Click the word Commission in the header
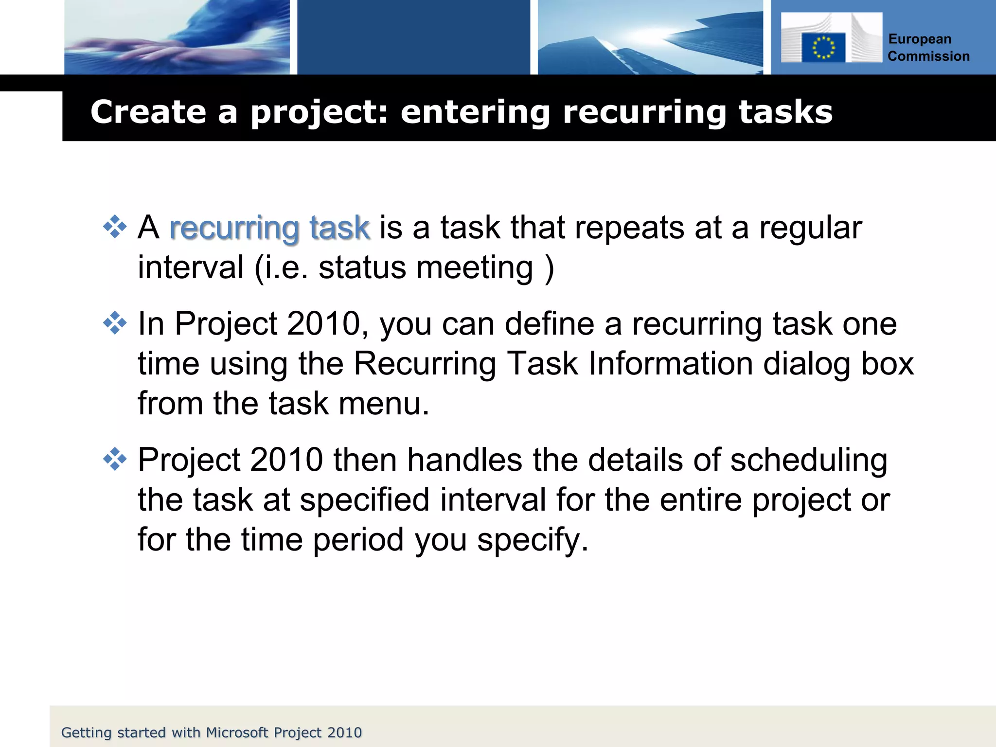coord(928,56)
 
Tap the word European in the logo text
coord(920,39)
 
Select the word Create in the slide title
coord(148,112)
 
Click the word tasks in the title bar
coord(785,112)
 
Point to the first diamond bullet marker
coord(115,227)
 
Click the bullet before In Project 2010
coord(115,323)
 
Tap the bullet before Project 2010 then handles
coord(115,459)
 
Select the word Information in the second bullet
coord(671,364)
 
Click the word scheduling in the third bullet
coord(808,460)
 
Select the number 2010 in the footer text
coord(344,732)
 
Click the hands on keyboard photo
coord(177,37)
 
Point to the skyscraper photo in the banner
coord(650,37)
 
